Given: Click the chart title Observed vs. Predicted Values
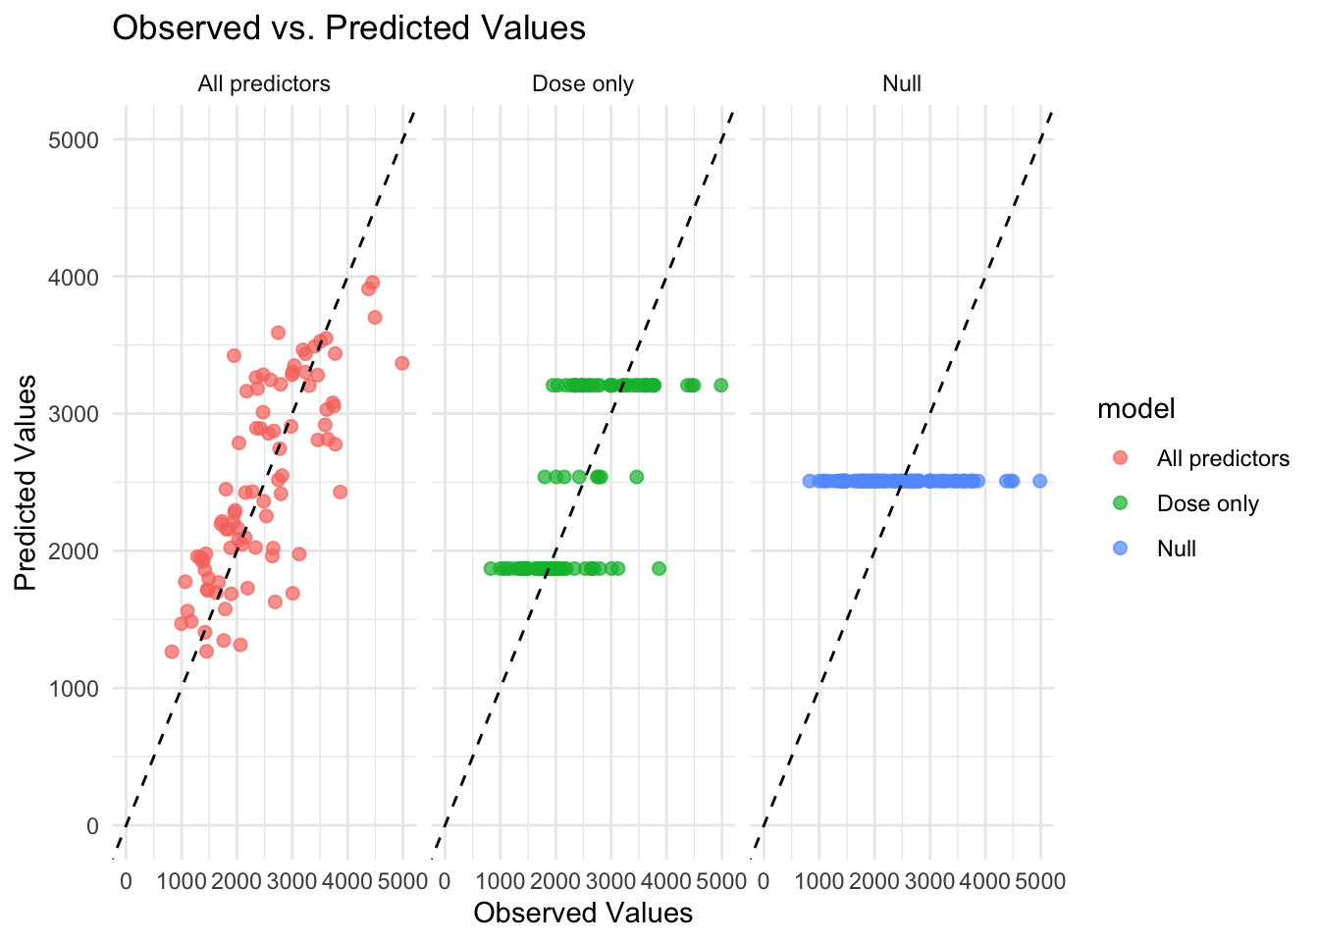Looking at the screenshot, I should coord(348,28).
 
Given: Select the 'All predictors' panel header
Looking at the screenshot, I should coord(263,84).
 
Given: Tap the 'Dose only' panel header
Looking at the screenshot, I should coord(582,84).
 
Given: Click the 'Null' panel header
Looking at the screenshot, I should coord(901,84).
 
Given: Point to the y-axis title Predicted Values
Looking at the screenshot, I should coord(26,482).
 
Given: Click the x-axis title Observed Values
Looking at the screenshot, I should coord(582,914).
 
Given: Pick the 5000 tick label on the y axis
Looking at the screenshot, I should coord(74,140).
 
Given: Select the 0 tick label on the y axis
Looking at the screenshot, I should coord(92,826).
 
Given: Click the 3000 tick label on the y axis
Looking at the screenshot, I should coord(74,414).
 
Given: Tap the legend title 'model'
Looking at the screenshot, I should coord(1135,409).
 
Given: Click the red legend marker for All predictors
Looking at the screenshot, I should coord(1121,458).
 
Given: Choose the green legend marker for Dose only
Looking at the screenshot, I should coord(1121,503).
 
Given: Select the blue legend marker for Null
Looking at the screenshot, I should coord(1121,549).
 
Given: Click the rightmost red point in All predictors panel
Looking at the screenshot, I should coord(401,363).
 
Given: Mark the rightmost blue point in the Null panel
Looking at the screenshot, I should coord(1039,481).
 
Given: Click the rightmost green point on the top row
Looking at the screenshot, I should coord(720,386).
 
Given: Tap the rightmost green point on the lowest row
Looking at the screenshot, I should coord(659,568).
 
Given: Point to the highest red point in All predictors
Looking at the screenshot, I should coord(372,283).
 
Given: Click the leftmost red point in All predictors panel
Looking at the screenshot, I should coord(172,652).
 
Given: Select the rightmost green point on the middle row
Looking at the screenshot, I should coord(636,477).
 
